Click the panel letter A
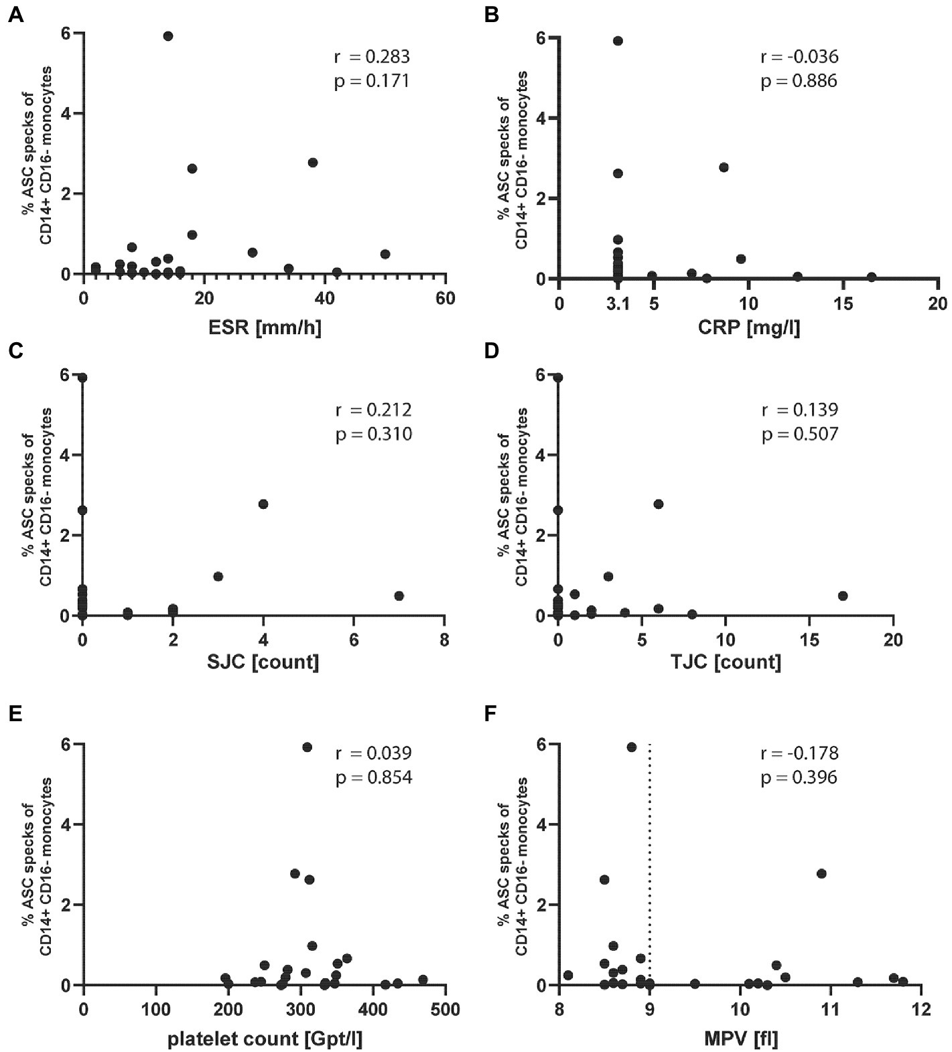(x=15, y=14)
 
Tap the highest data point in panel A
(x=168, y=36)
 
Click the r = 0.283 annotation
(x=372, y=56)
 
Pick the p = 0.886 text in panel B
(x=800, y=82)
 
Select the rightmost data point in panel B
(x=872, y=277)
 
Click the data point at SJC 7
(x=399, y=596)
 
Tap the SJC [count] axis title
(x=263, y=662)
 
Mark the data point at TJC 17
(x=843, y=596)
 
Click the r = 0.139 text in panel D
(x=800, y=409)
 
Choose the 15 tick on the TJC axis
(x=809, y=640)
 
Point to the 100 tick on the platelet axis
(x=155, y=1009)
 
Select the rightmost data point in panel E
(x=422, y=979)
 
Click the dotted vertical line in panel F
(x=650, y=871)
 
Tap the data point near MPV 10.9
(x=821, y=873)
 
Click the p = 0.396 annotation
(x=800, y=777)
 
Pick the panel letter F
(x=492, y=715)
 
